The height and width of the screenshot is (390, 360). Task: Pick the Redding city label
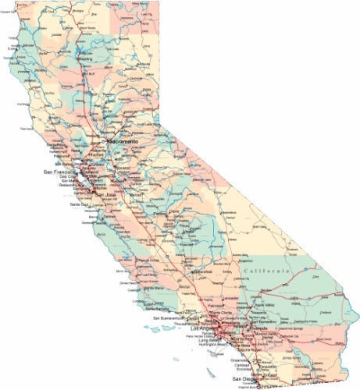tap(85, 58)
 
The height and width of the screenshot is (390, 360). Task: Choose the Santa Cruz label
tap(80, 204)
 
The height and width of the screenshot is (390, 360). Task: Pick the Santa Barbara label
tap(146, 312)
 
